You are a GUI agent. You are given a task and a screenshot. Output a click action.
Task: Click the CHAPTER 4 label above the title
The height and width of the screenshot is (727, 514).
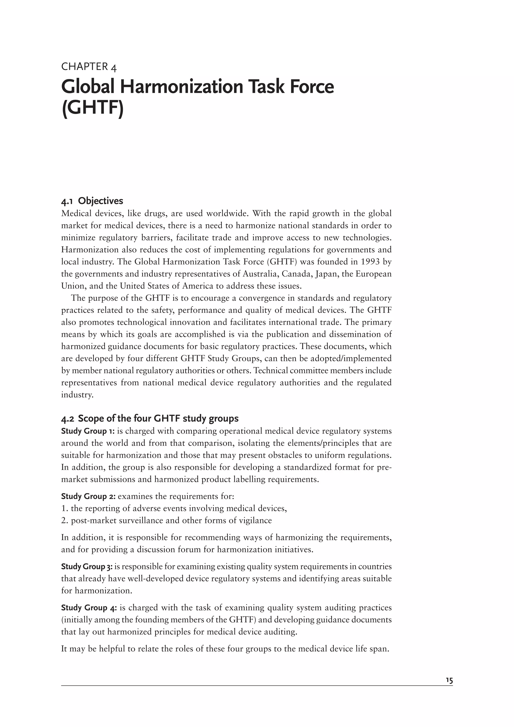pyautogui.click(x=89, y=67)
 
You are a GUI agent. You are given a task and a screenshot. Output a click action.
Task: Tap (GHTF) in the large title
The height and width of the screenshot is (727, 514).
pyautogui.click(x=92, y=109)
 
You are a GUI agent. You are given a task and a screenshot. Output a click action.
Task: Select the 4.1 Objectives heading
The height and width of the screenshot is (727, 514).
pyautogui.click(x=92, y=201)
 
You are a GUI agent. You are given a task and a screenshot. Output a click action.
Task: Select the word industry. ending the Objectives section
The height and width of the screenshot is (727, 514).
pyautogui.click(x=77, y=395)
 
